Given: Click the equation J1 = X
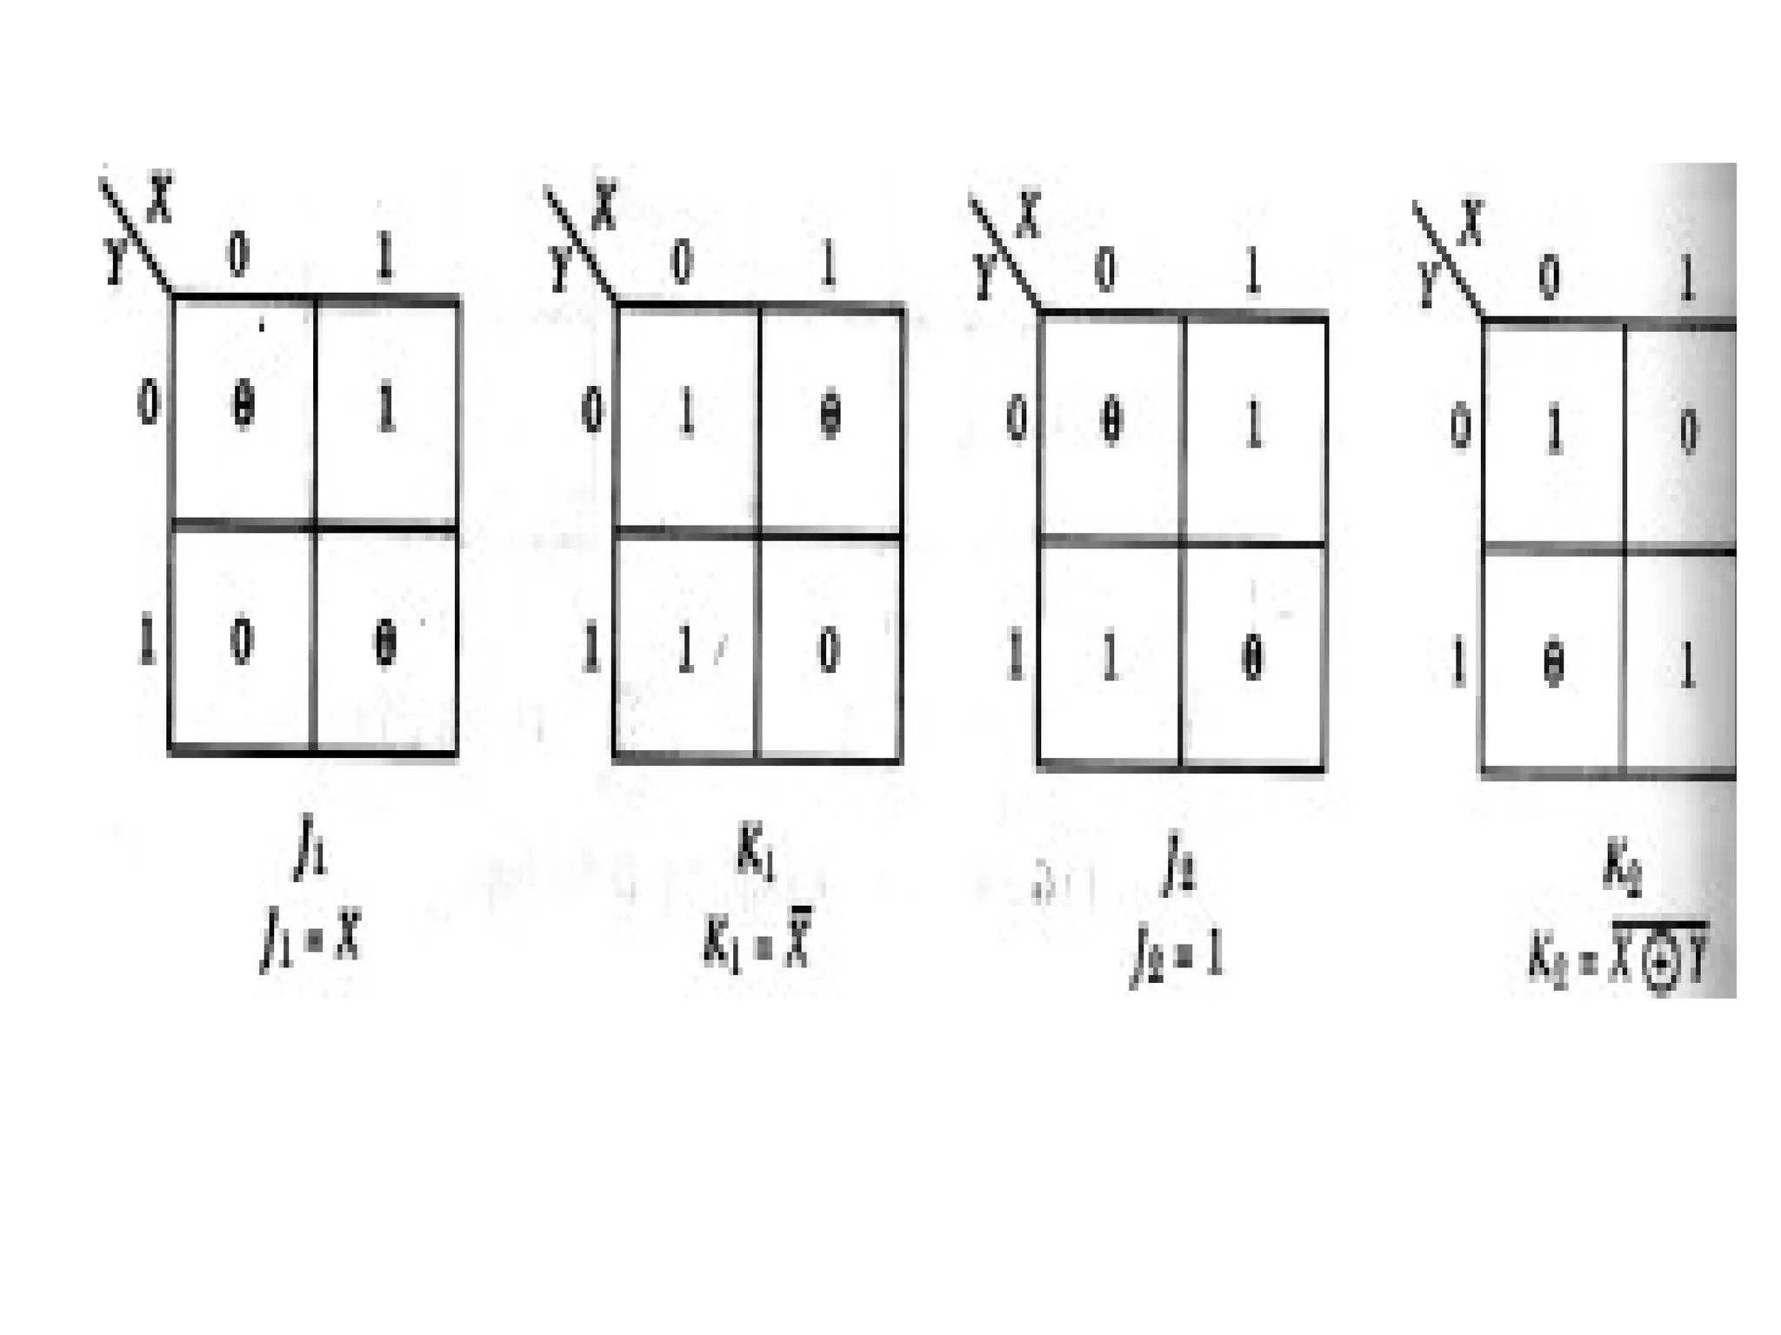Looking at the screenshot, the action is pyautogui.click(x=310, y=942).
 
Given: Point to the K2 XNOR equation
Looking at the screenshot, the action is pyautogui.click(x=1617, y=963).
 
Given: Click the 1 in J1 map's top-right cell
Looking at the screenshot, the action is pyautogui.click(x=386, y=408).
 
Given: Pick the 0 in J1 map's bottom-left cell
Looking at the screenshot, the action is pyautogui.click(x=242, y=643).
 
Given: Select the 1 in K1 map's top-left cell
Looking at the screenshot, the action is pyautogui.click(x=686, y=415).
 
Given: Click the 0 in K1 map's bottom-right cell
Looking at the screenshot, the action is pyautogui.click(x=829, y=650).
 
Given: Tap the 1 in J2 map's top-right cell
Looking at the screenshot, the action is pyautogui.click(x=1252, y=425).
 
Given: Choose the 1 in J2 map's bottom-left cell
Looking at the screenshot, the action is pyautogui.click(x=1110, y=658).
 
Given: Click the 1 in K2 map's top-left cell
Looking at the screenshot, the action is pyautogui.click(x=1553, y=432).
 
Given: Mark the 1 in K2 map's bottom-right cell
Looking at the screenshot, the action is pyautogui.click(x=1687, y=667).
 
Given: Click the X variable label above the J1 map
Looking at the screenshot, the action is pyautogui.click(x=160, y=199).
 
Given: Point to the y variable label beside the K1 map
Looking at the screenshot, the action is pyautogui.click(x=559, y=266).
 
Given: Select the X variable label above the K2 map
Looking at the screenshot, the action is pyautogui.click(x=1470, y=222).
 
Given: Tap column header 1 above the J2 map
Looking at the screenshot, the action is pyautogui.click(x=1252, y=272).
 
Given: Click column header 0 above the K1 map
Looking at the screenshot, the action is pyautogui.click(x=683, y=262).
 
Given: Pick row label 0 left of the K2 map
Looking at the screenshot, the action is pyautogui.click(x=1460, y=428).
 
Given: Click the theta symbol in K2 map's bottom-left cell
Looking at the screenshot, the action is pyautogui.click(x=1553, y=666).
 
